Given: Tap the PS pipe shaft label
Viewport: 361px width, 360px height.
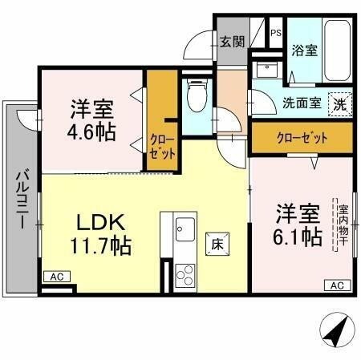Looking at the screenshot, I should point(275,34).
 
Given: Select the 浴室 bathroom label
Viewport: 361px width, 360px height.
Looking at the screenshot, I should point(304,51).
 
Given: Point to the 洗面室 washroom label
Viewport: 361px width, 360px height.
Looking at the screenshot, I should point(302,103).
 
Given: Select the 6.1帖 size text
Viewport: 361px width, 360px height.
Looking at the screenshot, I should point(299,237).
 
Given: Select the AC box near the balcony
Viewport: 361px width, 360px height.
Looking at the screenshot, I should point(56,277).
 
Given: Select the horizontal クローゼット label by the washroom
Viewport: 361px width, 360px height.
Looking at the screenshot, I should point(301,136).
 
